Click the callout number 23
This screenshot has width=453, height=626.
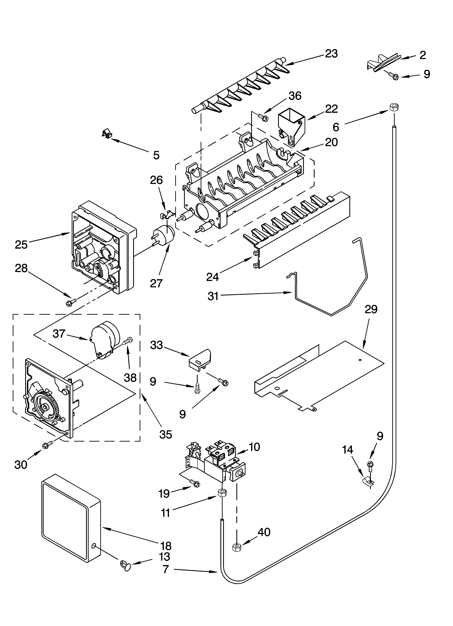[331, 54]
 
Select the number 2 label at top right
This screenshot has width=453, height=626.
[422, 55]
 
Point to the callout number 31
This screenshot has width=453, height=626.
[213, 296]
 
